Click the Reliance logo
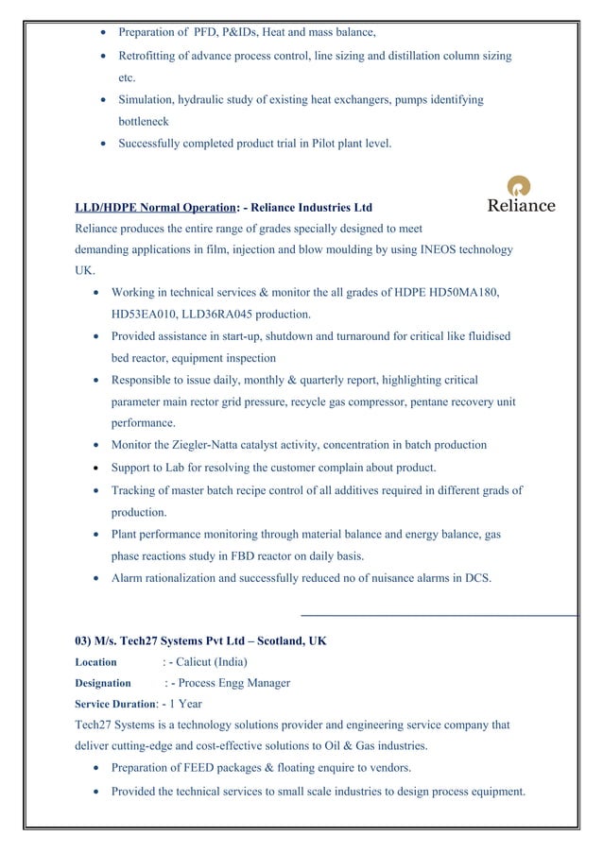pyautogui.click(x=521, y=195)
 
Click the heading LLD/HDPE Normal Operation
pyautogui.click(x=155, y=208)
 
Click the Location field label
pyautogui.click(x=95, y=662)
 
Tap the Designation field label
pyautogui.click(x=103, y=683)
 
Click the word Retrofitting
pyautogui.click(x=150, y=56)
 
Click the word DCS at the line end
pyautogui.click(x=477, y=577)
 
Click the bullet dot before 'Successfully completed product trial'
pyautogui.click(x=103, y=145)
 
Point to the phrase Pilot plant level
pyautogui.click(x=351, y=144)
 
